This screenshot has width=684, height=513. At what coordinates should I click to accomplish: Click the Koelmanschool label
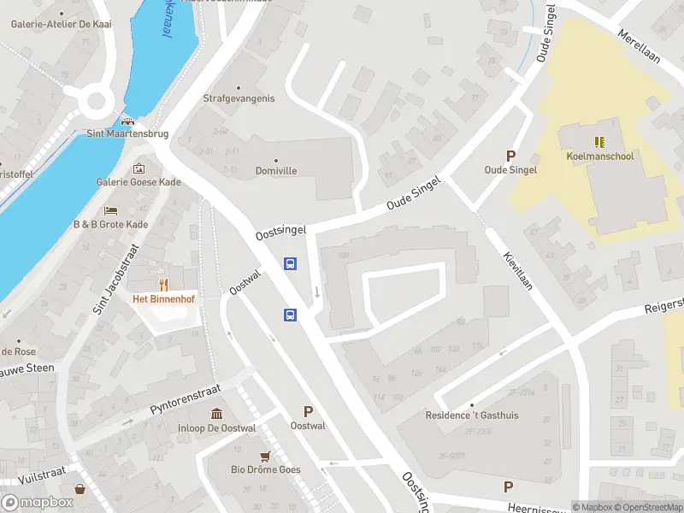tap(598, 156)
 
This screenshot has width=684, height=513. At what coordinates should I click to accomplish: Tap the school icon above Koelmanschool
tap(598, 141)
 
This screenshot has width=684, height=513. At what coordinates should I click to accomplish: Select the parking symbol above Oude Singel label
tap(511, 156)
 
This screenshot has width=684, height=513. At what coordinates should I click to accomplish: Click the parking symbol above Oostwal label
tap(308, 411)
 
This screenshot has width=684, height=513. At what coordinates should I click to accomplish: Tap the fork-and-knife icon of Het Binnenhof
tap(162, 284)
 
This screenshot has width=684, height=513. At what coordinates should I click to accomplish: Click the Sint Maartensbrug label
tap(128, 134)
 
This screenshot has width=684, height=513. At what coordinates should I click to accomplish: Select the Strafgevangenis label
tap(239, 98)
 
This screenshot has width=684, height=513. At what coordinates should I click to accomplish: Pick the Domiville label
tap(276, 171)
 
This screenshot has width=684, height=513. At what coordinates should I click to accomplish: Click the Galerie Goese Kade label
tap(139, 181)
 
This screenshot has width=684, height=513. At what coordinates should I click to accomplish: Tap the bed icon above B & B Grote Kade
tap(109, 210)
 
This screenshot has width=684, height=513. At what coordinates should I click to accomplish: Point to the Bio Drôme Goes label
tap(266, 469)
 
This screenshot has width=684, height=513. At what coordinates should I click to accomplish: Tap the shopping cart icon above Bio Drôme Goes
tap(266, 455)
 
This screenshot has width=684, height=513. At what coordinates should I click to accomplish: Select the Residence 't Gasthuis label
tap(472, 416)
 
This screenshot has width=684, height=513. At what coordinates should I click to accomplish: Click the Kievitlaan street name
tap(518, 270)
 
